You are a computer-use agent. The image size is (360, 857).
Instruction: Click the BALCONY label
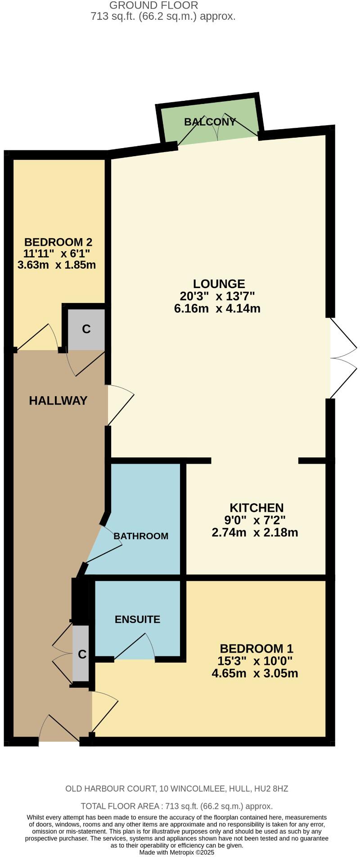coord(210,122)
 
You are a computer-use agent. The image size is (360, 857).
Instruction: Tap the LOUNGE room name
coord(219,284)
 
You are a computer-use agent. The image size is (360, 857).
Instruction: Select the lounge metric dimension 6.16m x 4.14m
coord(217,309)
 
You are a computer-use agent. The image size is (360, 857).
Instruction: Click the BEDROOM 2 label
coord(58,242)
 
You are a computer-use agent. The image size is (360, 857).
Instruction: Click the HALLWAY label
coord(58,401)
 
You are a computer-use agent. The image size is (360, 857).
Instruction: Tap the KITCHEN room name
coord(256,508)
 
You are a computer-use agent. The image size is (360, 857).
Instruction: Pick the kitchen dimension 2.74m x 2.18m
coord(255,533)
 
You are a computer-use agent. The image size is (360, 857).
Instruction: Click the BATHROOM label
coord(141,536)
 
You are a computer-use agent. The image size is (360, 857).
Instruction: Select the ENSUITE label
coord(137,619)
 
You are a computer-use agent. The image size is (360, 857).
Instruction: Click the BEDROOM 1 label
coord(256,649)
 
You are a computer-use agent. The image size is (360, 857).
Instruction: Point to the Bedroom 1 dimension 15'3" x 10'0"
coord(255,661)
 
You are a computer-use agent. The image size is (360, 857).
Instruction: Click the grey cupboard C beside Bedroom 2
coord(86,329)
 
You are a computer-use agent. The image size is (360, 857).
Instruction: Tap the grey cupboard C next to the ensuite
coord(82,654)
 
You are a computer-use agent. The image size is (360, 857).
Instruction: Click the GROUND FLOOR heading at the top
coord(153,6)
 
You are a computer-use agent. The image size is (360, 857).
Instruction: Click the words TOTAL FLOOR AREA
coord(121,806)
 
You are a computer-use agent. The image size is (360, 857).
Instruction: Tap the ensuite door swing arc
coord(135,647)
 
